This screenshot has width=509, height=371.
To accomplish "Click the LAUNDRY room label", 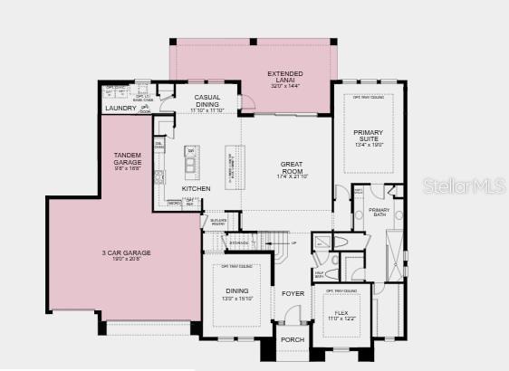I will tap(120, 109).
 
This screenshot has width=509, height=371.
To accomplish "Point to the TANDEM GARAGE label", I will tap(128, 159).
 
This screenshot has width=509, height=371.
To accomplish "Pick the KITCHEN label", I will tap(196, 188).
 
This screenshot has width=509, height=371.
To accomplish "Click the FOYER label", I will tap(293, 293).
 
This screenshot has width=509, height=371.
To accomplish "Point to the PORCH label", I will tap(293, 340).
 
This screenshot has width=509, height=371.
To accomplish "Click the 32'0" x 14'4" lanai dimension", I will tap(284, 85).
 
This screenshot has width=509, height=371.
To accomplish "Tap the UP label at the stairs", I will tap(293, 243).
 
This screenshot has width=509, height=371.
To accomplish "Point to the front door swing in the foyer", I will tap(292, 314).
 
